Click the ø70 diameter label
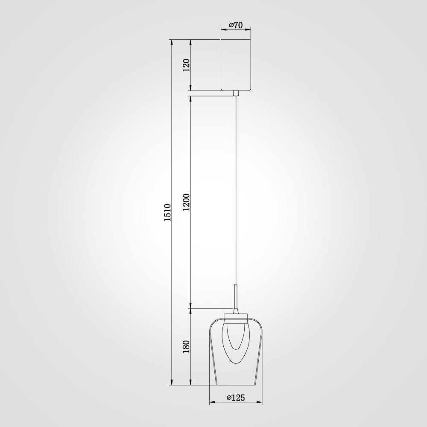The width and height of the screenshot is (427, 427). (236, 25)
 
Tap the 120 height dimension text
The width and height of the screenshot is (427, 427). (187, 65)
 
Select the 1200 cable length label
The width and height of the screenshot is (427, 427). (187, 202)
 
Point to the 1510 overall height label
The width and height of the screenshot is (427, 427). (167, 212)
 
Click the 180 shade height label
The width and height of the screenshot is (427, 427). (187, 347)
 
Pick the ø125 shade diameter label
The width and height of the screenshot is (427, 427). (236, 398)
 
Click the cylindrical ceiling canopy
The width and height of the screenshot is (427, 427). (236, 65)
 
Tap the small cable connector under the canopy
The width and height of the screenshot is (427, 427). (236, 94)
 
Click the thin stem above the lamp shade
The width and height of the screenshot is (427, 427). (236, 297)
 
